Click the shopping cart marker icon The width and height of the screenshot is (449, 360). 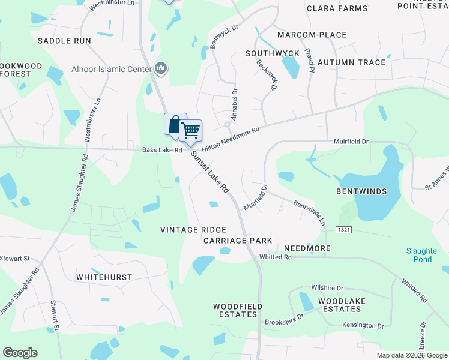click(191, 130)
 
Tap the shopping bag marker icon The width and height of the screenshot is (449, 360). click(175, 124)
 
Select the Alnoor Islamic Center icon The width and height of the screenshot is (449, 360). click(160, 69)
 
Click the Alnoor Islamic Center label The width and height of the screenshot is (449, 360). click(111, 69)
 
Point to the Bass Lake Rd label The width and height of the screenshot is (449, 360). click(161, 150)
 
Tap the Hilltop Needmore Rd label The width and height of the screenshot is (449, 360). click(231, 139)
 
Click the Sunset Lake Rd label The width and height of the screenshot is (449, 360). click(210, 171)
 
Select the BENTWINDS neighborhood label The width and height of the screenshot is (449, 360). click(361, 191)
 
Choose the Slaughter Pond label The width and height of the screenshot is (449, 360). click(423, 255)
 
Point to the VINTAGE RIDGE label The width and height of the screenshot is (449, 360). click(193, 230)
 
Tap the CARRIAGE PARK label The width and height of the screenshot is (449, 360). click(238, 241)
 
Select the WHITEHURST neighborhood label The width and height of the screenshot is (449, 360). click(104, 277)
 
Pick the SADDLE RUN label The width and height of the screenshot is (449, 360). click(64, 41)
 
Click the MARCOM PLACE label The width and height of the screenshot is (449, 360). click(312, 35)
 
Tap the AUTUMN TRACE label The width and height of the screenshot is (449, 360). click(351, 62)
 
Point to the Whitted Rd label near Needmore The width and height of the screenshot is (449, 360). click(275, 257)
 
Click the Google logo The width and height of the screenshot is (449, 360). click(20, 353)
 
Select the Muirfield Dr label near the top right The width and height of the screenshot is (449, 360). click(351, 142)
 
